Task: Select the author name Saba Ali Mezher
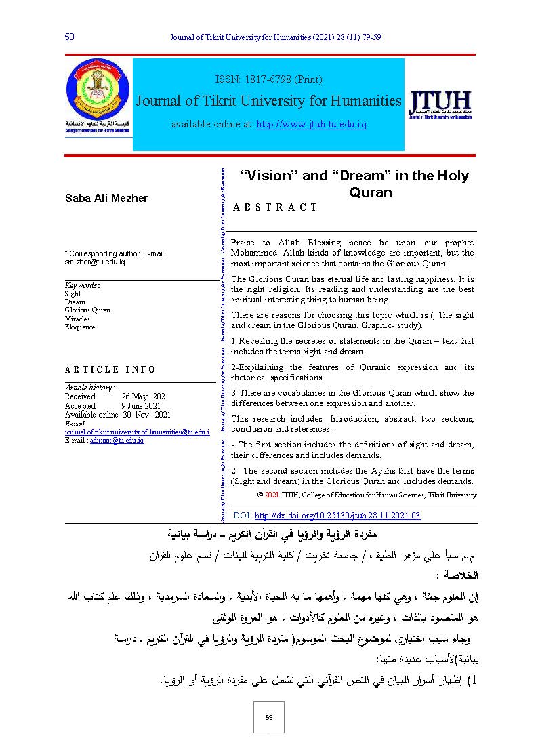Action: (106, 198)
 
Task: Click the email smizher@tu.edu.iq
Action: (95, 262)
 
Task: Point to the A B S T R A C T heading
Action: (275, 207)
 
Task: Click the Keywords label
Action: (82, 286)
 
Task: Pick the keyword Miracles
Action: (77, 319)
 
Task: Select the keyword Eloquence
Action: (80, 327)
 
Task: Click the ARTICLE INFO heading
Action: (110, 370)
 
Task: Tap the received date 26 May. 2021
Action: (145, 396)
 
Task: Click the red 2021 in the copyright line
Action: (272, 495)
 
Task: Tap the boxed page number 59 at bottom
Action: (268, 717)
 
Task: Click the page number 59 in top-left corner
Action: (69, 36)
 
